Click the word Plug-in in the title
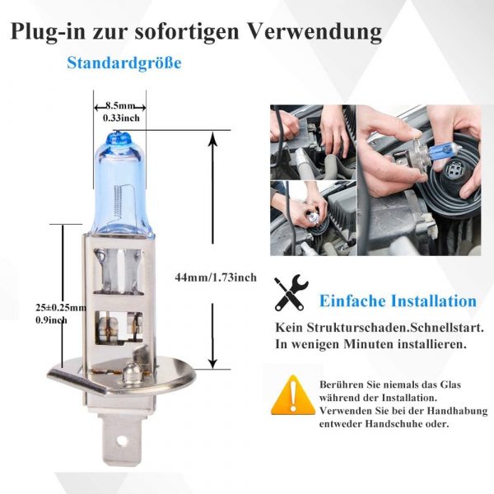[48, 31]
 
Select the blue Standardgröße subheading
[124, 63]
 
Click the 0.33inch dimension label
[121, 118]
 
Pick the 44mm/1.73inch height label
[216, 277]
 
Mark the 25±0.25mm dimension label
[61, 307]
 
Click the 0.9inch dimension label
[51, 320]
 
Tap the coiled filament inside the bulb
[118, 201]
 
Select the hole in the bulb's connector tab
[121, 439]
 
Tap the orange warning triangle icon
[292, 394]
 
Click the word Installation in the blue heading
[434, 301]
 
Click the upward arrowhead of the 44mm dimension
[213, 137]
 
